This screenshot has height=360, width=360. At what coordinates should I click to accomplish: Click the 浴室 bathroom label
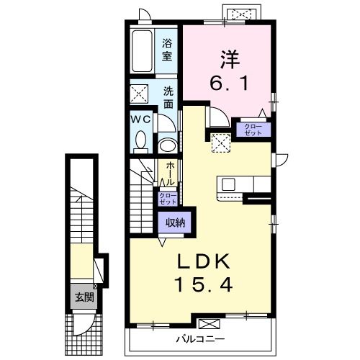[167, 50]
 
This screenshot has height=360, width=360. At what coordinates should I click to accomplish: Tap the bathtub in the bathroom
[142, 51]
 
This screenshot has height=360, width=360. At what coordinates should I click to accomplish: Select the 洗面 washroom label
[168, 97]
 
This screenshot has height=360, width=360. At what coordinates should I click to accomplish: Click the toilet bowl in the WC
[140, 140]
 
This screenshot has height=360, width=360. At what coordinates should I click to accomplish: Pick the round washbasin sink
[168, 145]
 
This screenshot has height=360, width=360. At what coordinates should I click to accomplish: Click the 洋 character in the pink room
[230, 59]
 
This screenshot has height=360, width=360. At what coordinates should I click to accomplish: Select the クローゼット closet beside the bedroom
[253, 130]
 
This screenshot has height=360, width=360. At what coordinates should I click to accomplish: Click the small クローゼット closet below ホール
[168, 199]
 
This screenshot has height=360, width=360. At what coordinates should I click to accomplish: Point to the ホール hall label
[170, 173]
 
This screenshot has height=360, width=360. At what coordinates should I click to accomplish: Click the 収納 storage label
[176, 222]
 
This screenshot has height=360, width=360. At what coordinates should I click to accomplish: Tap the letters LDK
[204, 261]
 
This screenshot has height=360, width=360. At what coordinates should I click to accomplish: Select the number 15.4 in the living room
[204, 284]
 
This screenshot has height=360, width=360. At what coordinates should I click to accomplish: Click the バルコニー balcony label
[201, 339]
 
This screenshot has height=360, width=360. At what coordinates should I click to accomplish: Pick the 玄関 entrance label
[84, 297]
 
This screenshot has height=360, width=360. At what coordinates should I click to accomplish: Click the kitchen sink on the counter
[228, 185]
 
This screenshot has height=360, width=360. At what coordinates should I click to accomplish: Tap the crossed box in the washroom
[139, 94]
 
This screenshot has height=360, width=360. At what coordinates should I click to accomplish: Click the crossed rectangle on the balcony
[210, 323]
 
